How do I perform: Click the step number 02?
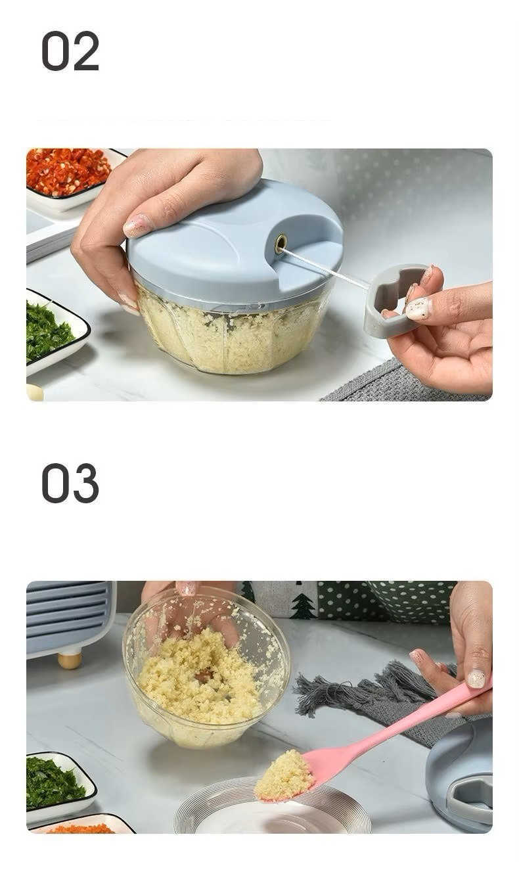click(70, 51)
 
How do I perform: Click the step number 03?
click(70, 483)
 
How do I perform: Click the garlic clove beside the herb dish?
click(35, 392)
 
